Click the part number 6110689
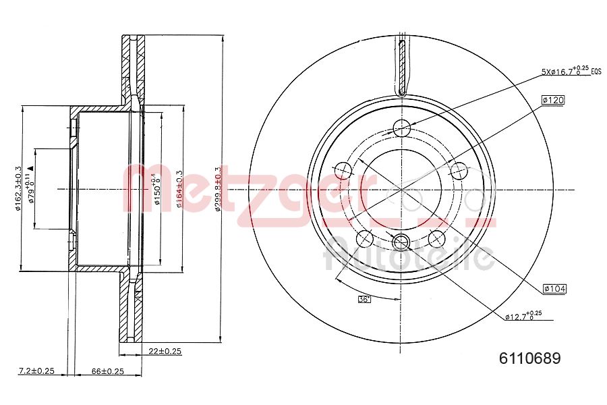(529, 359)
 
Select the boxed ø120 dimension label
(552, 100)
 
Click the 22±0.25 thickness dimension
(165, 351)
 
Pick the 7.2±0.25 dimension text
(35, 371)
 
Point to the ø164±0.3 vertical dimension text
(179, 190)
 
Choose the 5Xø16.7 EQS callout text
(570, 70)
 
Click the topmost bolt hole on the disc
(402, 127)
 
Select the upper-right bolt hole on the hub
(459, 169)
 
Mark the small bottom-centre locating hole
(401, 242)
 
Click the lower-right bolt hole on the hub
(437, 238)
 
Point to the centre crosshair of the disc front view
(401, 190)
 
